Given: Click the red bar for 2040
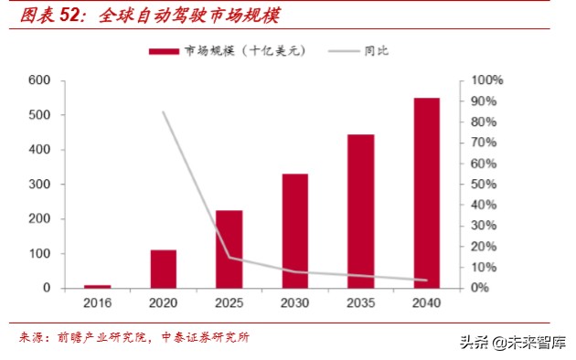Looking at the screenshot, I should pos(426,193).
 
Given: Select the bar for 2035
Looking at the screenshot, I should pos(360,211).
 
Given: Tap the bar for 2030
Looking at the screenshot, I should pos(294,230).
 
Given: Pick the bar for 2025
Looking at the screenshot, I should pos(229,249).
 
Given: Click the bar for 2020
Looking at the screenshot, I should pos(163,269).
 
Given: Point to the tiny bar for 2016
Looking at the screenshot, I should pos(98,286).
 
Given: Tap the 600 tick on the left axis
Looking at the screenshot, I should pos(39,80).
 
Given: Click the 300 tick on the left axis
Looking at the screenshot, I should pos(39,185).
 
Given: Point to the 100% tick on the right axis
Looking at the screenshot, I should pos(485,80).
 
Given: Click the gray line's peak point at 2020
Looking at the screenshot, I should pos(164,112).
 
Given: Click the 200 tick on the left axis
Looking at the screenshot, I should pos(39,219).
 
